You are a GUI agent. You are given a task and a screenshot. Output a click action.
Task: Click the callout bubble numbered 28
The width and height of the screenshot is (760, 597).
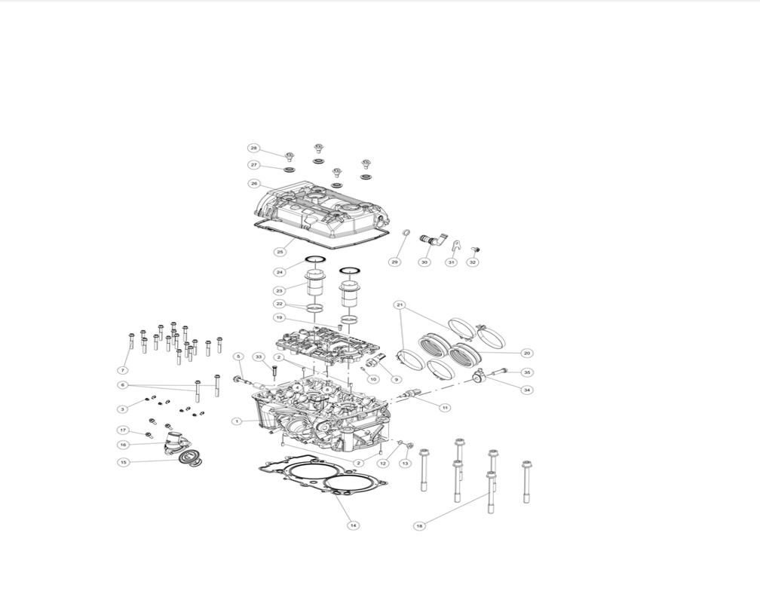pos(253,148)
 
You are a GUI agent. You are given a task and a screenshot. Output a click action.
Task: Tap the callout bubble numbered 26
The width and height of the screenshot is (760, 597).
pos(254,184)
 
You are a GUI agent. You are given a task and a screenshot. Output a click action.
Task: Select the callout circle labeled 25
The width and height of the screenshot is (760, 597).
pos(280,252)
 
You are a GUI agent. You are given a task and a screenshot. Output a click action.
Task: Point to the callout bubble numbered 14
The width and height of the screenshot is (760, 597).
pos(354,525)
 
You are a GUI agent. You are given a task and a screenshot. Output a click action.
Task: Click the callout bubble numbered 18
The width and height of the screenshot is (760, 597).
pos(420,526)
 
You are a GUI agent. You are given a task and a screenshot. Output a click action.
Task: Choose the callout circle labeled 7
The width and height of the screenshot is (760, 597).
pos(123,370)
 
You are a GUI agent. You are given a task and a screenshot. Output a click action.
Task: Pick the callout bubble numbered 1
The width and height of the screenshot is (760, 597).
pos(237,421)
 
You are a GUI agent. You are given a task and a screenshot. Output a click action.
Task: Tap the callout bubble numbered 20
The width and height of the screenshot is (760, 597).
pos(527,354)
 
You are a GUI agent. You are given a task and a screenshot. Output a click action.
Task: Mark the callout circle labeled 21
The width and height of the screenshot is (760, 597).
pos(400,305)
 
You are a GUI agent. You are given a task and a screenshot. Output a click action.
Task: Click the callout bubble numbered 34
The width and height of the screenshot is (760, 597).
pos(527,390)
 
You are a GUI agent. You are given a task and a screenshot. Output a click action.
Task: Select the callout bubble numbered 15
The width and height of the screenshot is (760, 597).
pos(124,462)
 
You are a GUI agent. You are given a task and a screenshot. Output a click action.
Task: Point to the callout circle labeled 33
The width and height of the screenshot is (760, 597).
pos(259,357)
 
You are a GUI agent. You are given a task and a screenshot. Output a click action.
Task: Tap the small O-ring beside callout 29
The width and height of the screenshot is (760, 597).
pos(406,234)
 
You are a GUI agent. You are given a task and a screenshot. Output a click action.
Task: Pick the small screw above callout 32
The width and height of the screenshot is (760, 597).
pos(476,250)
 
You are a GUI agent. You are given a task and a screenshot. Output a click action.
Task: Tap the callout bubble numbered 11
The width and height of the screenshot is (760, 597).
pos(445,408)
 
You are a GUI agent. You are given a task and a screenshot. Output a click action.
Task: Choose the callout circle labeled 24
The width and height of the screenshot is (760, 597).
pos(280,272)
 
